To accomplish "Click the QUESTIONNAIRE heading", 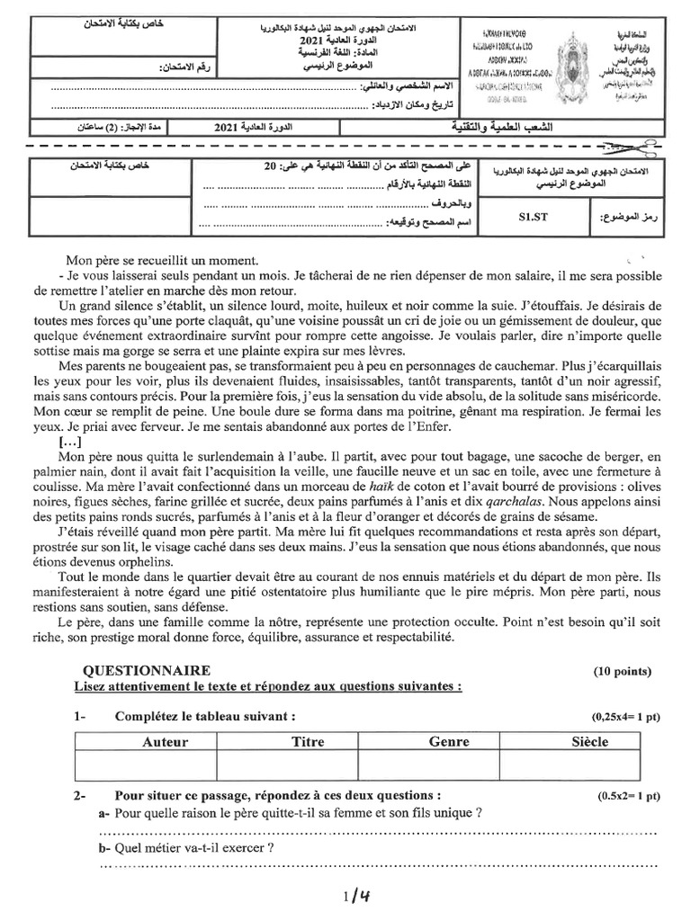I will [x=147, y=671].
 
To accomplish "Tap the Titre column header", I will [x=308, y=742].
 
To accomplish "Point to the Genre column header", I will [x=449, y=742].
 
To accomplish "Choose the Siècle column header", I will [x=590, y=742].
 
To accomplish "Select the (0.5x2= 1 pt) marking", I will [x=627, y=796].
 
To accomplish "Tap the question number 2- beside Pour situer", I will [x=81, y=796].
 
